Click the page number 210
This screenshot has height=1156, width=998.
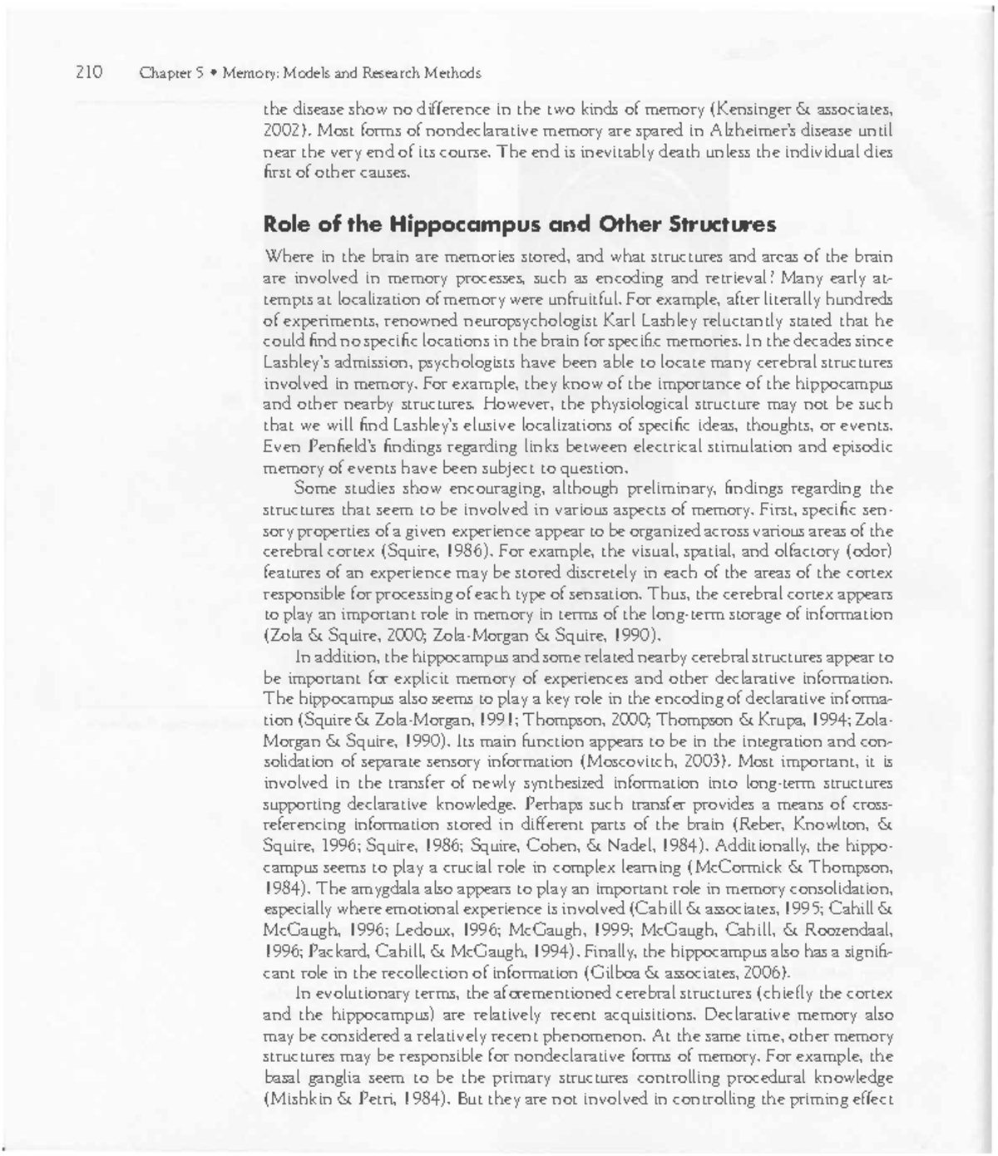pyautogui.click(x=89, y=72)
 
